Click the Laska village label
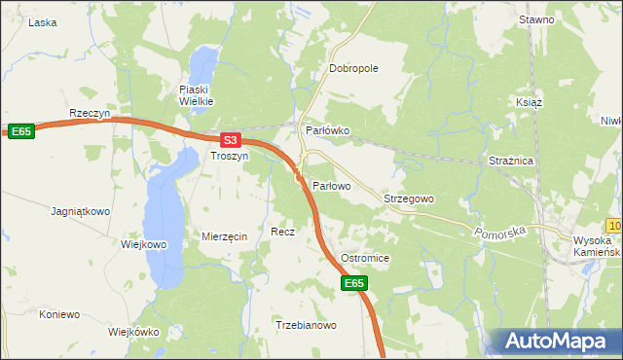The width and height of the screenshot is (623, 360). point(43,21)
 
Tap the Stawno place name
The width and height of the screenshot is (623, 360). point(536,19)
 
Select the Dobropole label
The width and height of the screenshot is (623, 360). point(353,68)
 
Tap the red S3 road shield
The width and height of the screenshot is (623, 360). point(229,140)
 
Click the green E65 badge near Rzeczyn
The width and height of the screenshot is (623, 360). point(21,131)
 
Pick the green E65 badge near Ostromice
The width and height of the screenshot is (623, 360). point(355,283)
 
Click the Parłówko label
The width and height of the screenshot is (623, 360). point(327,130)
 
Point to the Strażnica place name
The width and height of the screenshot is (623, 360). point(510,162)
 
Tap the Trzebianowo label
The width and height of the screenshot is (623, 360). point(306,326)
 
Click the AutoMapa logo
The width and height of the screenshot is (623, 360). point(559,342)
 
